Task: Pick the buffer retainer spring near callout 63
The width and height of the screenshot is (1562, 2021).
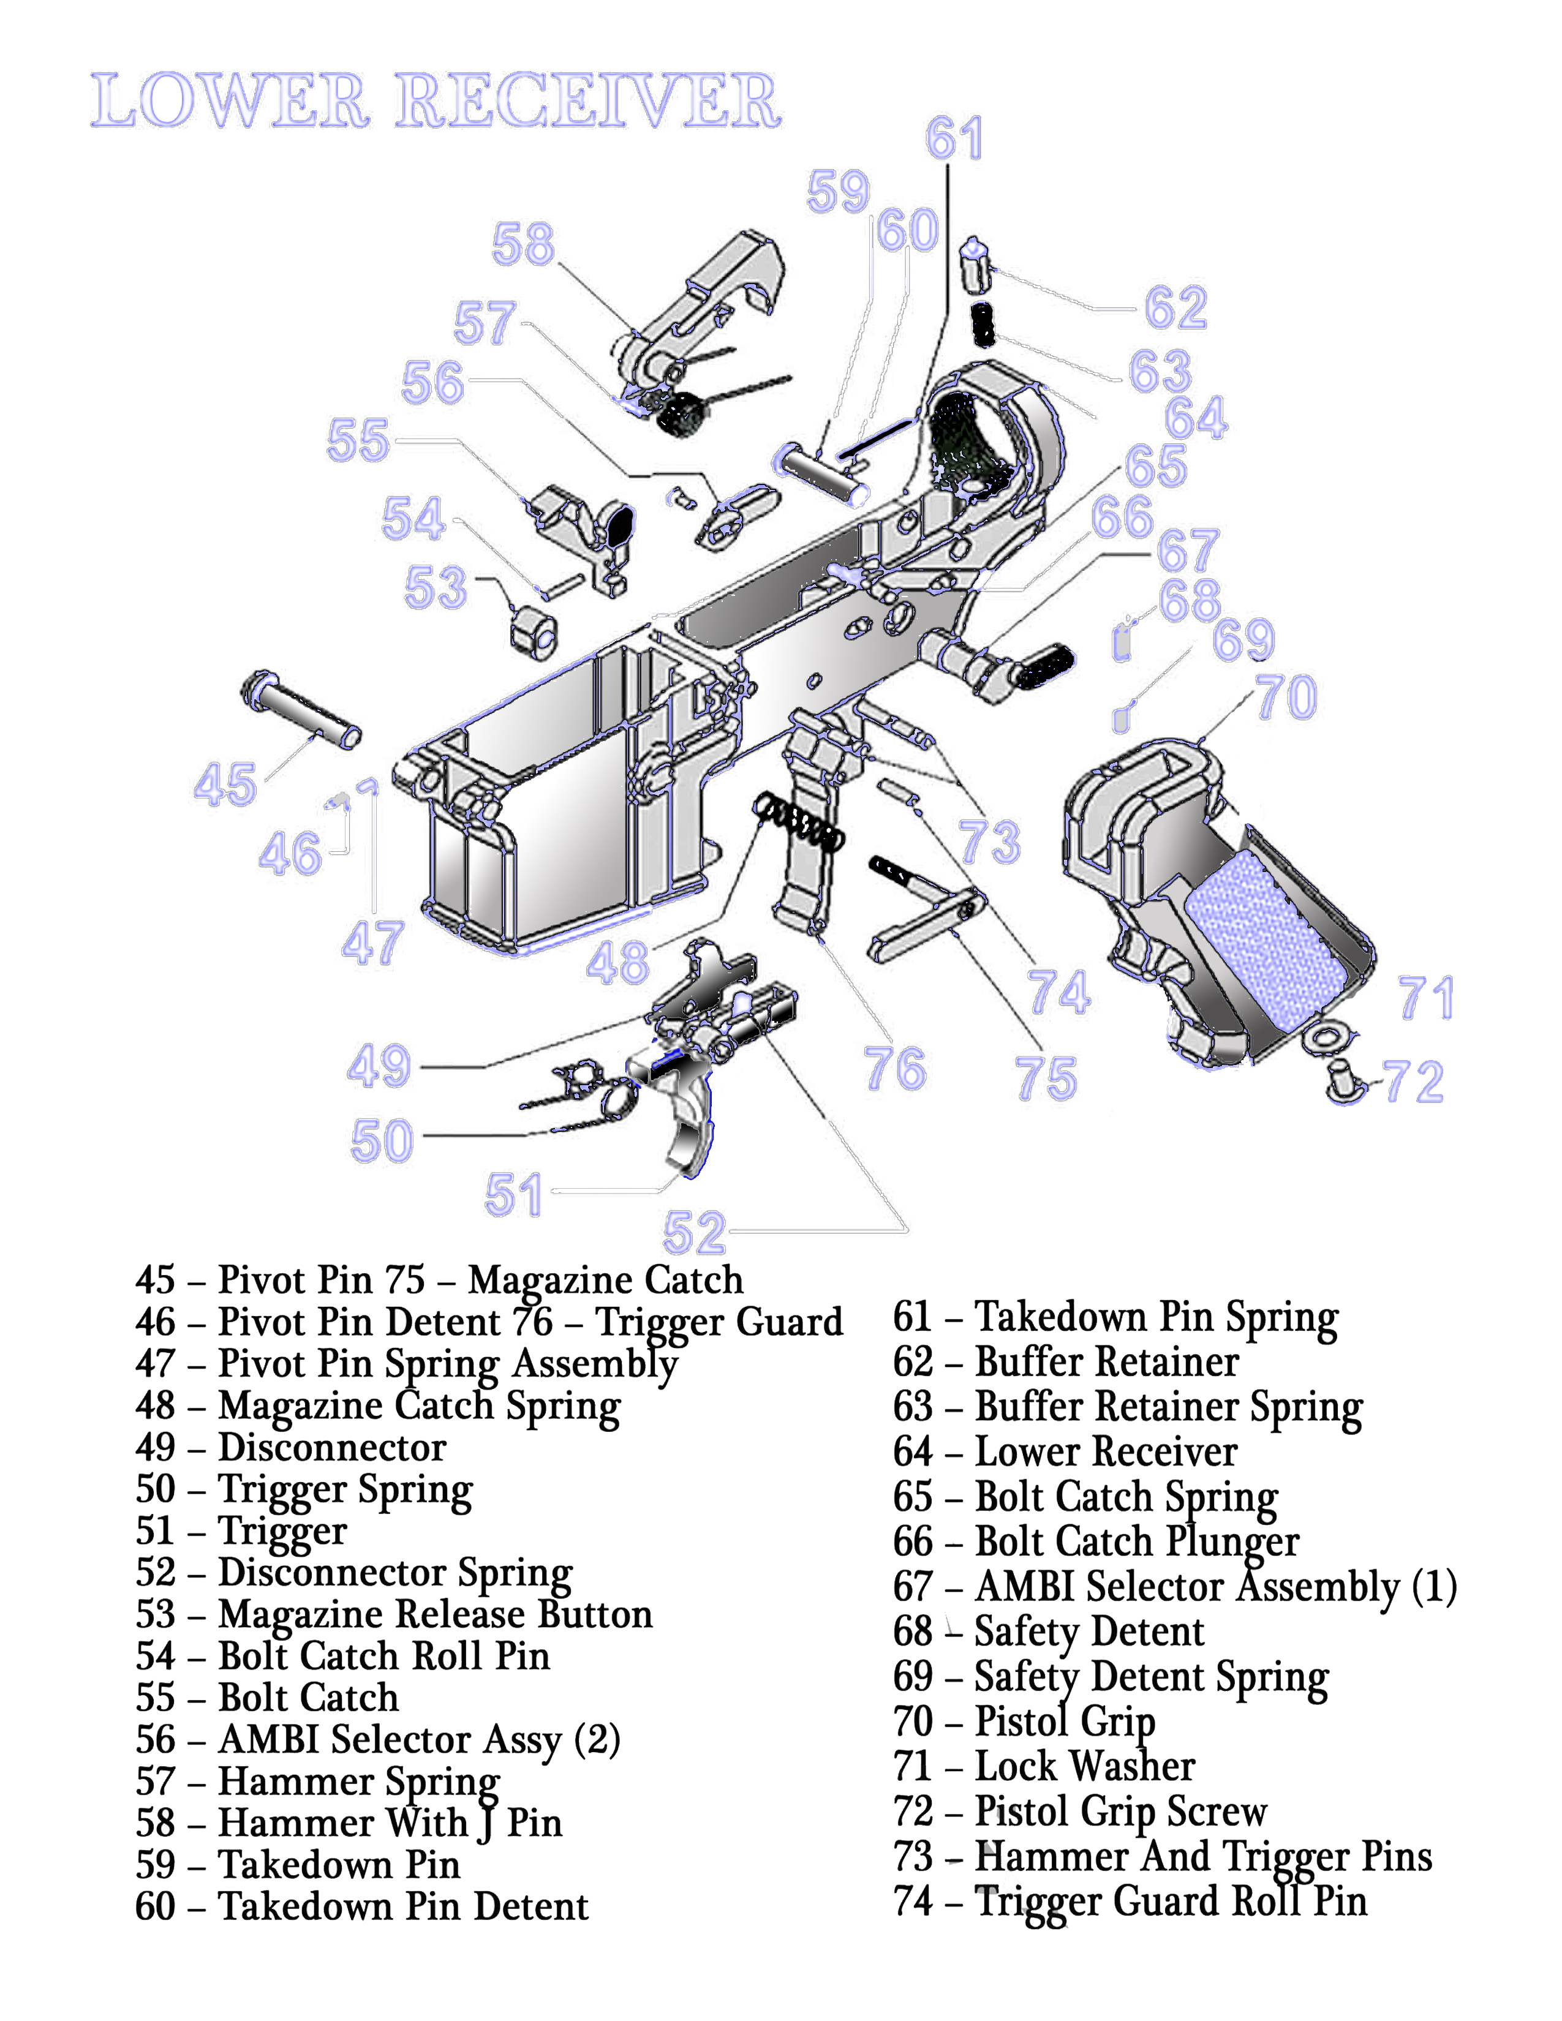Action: (983, 325)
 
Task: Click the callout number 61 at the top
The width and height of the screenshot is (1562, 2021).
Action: (953, 140)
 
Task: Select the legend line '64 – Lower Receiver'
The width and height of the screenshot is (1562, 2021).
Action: (1064, 1452)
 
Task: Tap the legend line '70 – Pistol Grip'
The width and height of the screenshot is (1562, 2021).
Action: (1024, 1721)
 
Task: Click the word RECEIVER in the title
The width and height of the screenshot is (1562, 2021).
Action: (587, 101)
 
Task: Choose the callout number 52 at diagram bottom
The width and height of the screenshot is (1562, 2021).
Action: (694, 1233)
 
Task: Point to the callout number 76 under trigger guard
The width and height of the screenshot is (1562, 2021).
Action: (894, 1069)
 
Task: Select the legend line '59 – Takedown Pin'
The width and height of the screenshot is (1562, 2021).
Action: (297, 1865)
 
